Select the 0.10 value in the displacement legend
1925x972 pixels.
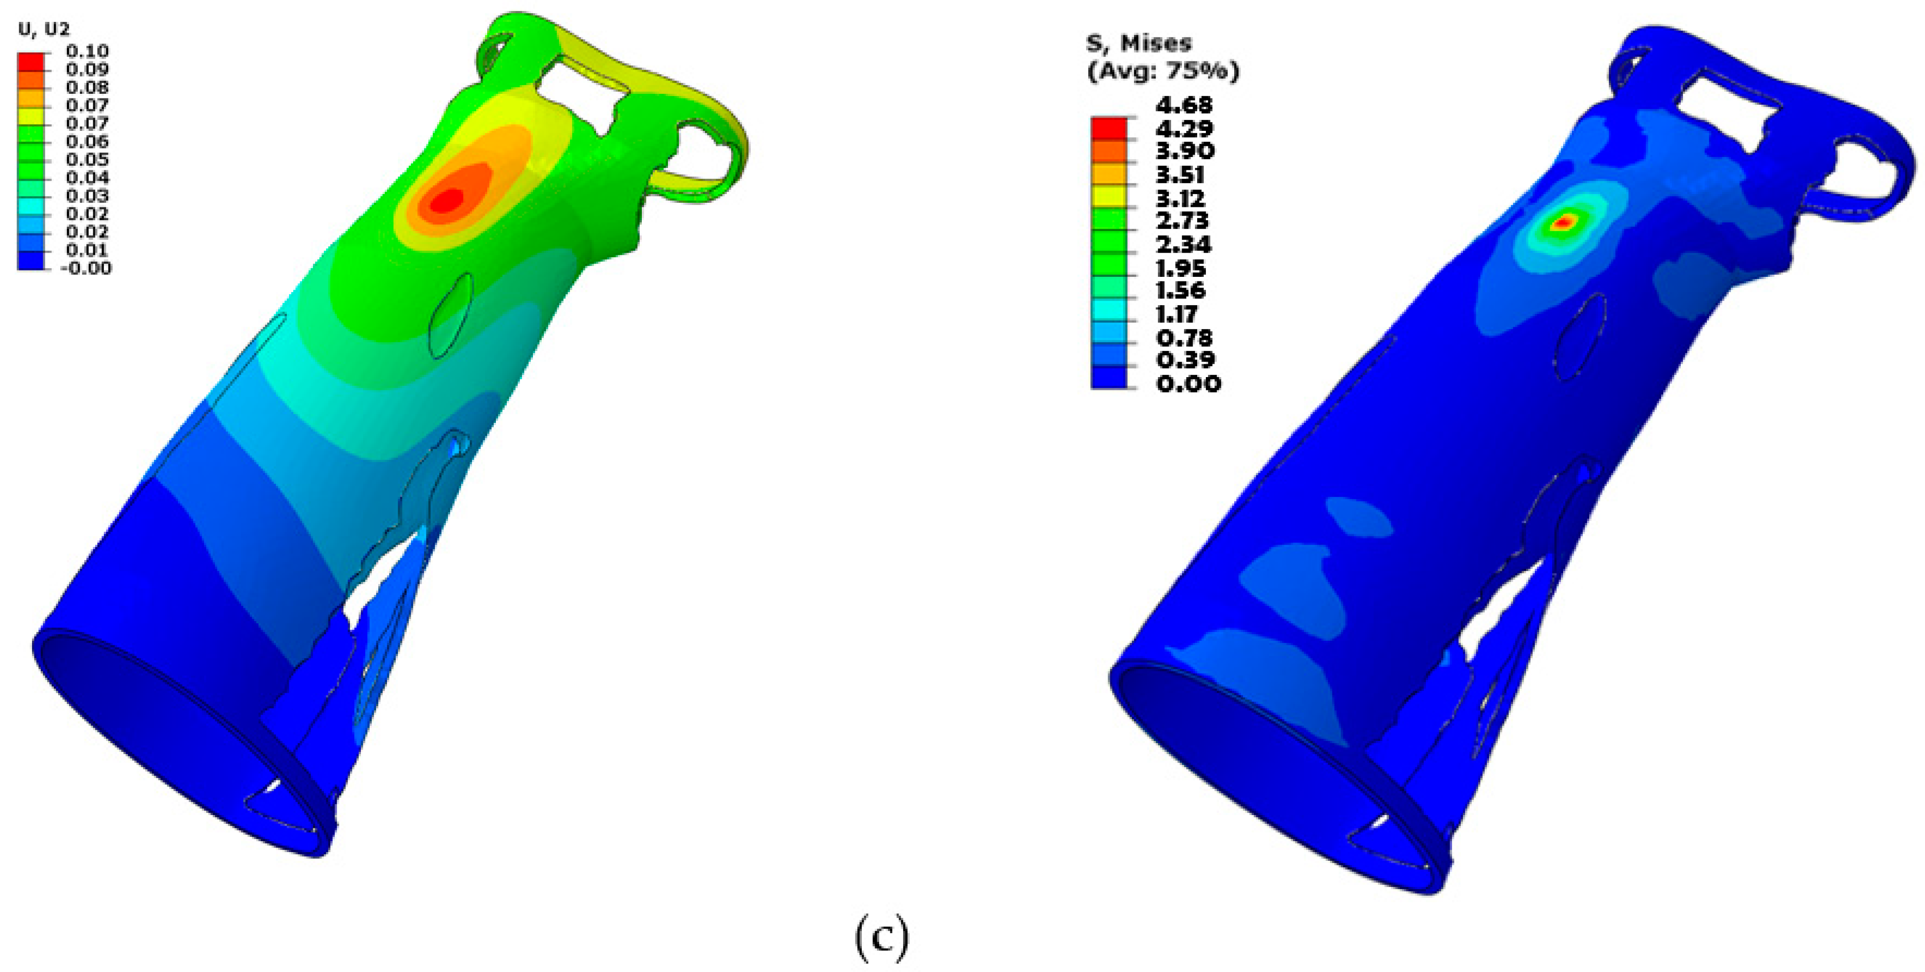coord(87,51)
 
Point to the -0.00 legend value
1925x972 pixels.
coord(85,268)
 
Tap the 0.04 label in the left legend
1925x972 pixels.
coord(87,177)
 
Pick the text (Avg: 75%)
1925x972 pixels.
coord(1163,72)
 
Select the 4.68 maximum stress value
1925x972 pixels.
coord(1184,105)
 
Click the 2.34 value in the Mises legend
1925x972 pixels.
coord(1184,244)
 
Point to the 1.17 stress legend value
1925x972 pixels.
coord(1177,313)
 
